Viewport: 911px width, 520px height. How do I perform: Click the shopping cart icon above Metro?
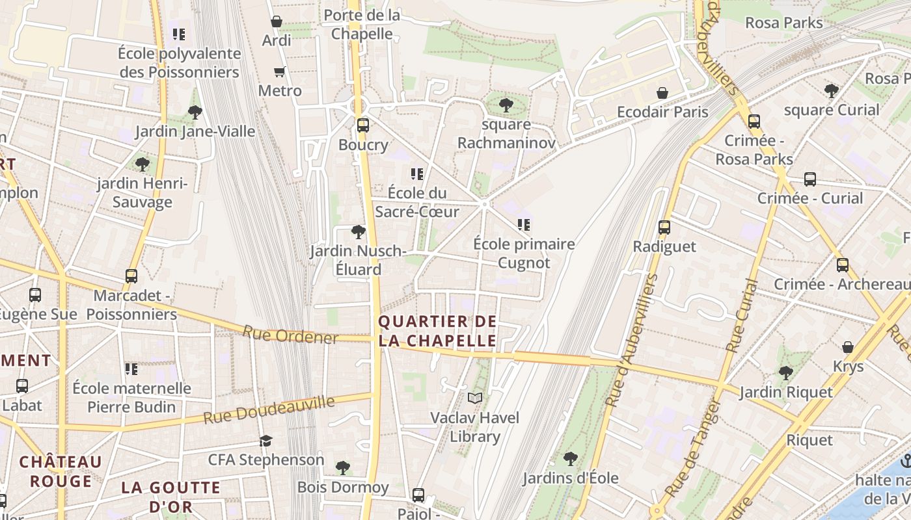280,71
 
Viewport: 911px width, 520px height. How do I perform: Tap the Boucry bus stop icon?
362,125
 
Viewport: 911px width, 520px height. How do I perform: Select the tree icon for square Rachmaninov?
506,105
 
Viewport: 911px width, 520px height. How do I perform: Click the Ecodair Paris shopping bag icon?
662,93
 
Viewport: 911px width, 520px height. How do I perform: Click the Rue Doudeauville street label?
268,409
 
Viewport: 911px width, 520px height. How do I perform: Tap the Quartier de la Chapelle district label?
437,331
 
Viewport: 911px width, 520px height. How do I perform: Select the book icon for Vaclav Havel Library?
475,398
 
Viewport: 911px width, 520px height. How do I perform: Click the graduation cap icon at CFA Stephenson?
265,441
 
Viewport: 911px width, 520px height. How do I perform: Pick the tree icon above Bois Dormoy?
343,467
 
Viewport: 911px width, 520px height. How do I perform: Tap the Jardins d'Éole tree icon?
571,459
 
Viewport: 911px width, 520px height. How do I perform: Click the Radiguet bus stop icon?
664,227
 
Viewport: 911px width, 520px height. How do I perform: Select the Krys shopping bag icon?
848,347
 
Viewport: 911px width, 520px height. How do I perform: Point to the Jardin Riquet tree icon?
786,373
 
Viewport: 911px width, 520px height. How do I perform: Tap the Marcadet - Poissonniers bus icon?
131,276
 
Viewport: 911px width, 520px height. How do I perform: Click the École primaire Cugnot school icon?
524,226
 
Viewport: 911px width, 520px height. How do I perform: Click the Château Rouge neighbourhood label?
61,471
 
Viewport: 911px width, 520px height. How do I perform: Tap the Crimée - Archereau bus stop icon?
843,265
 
